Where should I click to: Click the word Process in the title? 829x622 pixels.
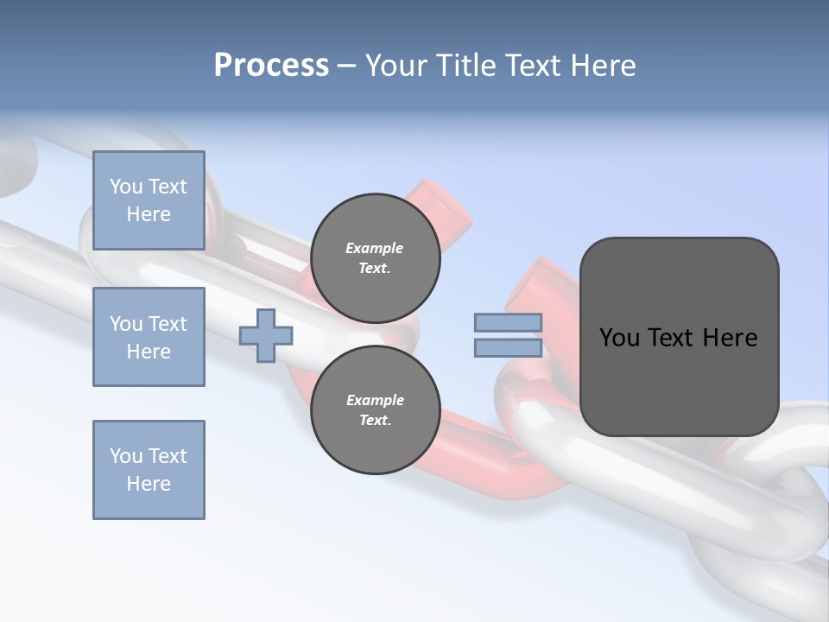coord(271,66)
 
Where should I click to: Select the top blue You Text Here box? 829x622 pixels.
coord(149,200)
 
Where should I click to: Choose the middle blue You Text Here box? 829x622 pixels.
coord(149,337)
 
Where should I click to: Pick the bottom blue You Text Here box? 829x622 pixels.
coord(149,469)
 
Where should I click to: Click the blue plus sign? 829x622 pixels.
coord(265,336)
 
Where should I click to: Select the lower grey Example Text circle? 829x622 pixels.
coord(375,410)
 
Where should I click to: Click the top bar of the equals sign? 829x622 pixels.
coord(508,323)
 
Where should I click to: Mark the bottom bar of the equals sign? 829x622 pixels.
coord(508,348)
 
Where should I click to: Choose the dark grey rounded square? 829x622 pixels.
coord(679,337)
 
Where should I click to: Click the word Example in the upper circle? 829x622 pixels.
coord(375,248)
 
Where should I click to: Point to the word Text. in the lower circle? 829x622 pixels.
coord(375,421)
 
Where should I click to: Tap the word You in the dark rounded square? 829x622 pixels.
coord(619,338)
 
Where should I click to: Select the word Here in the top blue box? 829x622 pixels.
coord(149,214)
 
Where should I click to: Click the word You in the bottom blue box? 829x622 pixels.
coord(126,456)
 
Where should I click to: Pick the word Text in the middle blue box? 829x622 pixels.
coord(168,324)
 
